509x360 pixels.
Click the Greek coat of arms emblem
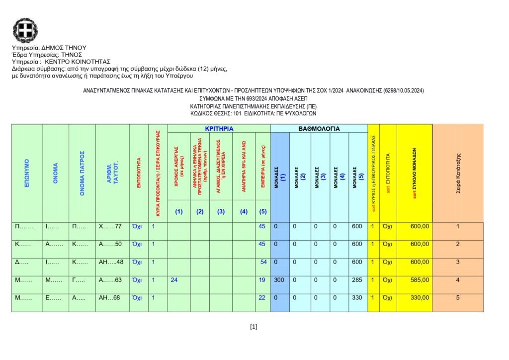pyautogui.click(x=25, y=30)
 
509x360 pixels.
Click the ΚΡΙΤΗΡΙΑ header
pyautogui.click(x=219, y=128)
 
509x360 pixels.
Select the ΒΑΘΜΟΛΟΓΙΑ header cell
pyautogui.click(x=319, y=128)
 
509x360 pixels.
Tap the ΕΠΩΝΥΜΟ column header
pyautogui.click(x=27, y=174)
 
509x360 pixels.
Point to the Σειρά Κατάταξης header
pyautogui.click(x=458, y=173)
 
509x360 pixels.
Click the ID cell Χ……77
pyautogui.click(x=110, y=226)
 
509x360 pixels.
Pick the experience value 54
pyautogui.click(x=263, y=262)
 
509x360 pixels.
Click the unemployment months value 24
pyautogui.click(x=174, y=280)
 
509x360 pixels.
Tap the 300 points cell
pyautogui.click(x=279, y=280)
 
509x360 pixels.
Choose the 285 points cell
pyautogui.click(x=357, y=280)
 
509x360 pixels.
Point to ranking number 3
pyautogui.click(x=458, y=262)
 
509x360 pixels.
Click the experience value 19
pyautogui.click(x=262, y=280)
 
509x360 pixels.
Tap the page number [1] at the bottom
pyautogui.click(x=254, y=327)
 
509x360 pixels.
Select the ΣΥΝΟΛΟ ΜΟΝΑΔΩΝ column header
pyautogui.click(x=415, y=173)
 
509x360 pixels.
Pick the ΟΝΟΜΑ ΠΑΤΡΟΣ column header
pyautogui.click(x=82, y=173)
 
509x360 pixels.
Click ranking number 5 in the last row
pyautogui.click(x=458, y=298)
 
